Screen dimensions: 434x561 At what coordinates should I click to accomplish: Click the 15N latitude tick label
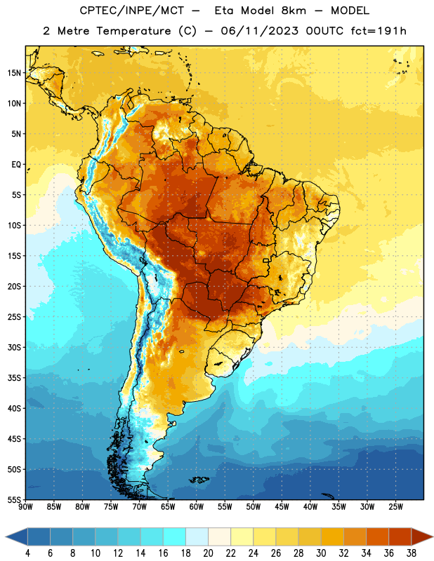[15, 73]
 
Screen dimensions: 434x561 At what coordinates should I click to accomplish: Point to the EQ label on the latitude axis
[16, 165]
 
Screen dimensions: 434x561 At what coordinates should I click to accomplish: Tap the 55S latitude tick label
[15, 499]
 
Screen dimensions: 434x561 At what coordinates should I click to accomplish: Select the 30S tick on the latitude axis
[15, 347]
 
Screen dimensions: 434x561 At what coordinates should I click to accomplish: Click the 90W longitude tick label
[25, 506]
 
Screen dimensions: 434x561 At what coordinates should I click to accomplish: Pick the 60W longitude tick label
[197, 506]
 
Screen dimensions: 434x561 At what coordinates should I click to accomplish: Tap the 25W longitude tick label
[395, 506]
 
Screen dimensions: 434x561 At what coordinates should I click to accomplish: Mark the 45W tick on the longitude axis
[282, 506]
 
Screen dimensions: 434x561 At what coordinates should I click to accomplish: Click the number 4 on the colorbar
[27, 553]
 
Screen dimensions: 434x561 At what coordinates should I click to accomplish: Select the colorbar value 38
[412, 553]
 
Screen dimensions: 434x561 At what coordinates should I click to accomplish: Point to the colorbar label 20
[208, 553]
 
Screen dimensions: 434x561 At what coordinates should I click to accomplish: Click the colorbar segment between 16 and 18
[175, 537]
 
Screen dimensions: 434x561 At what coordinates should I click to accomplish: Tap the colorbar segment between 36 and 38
[400, 537]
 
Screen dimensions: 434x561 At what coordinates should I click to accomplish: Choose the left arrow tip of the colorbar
[6, 537]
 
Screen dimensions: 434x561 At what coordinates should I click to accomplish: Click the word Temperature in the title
[133, 31]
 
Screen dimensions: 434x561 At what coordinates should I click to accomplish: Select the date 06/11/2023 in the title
[259, 31]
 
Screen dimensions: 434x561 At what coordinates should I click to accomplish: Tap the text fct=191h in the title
[379, 31]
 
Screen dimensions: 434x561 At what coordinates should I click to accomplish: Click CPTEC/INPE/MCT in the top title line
[132, 11]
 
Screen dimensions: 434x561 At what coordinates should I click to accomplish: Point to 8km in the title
[294, 11]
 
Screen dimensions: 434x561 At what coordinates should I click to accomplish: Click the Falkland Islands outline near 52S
[199, 480]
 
